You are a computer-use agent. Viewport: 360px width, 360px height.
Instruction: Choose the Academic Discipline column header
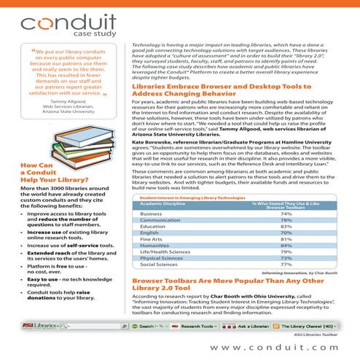point(163,203)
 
